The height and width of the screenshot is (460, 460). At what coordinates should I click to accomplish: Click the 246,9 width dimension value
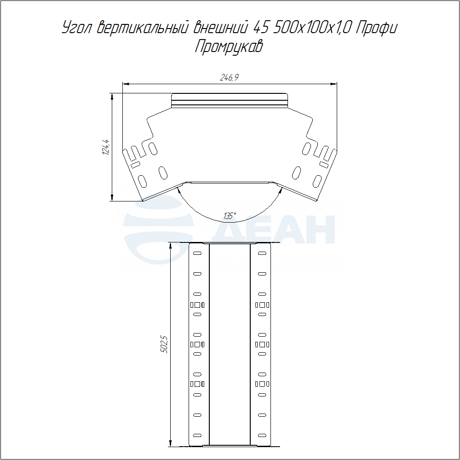tap(229, 77)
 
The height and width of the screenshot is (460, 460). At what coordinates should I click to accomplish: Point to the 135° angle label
tap(230, 216)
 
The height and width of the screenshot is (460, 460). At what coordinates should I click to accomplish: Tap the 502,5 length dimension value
tap(164, 344)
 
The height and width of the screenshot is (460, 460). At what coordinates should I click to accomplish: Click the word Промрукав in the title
tap(229, 46)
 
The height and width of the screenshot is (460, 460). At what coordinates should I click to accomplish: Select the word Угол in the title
tap(77, 28)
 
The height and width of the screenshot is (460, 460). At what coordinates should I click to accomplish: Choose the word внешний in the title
tap(220, 28)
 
